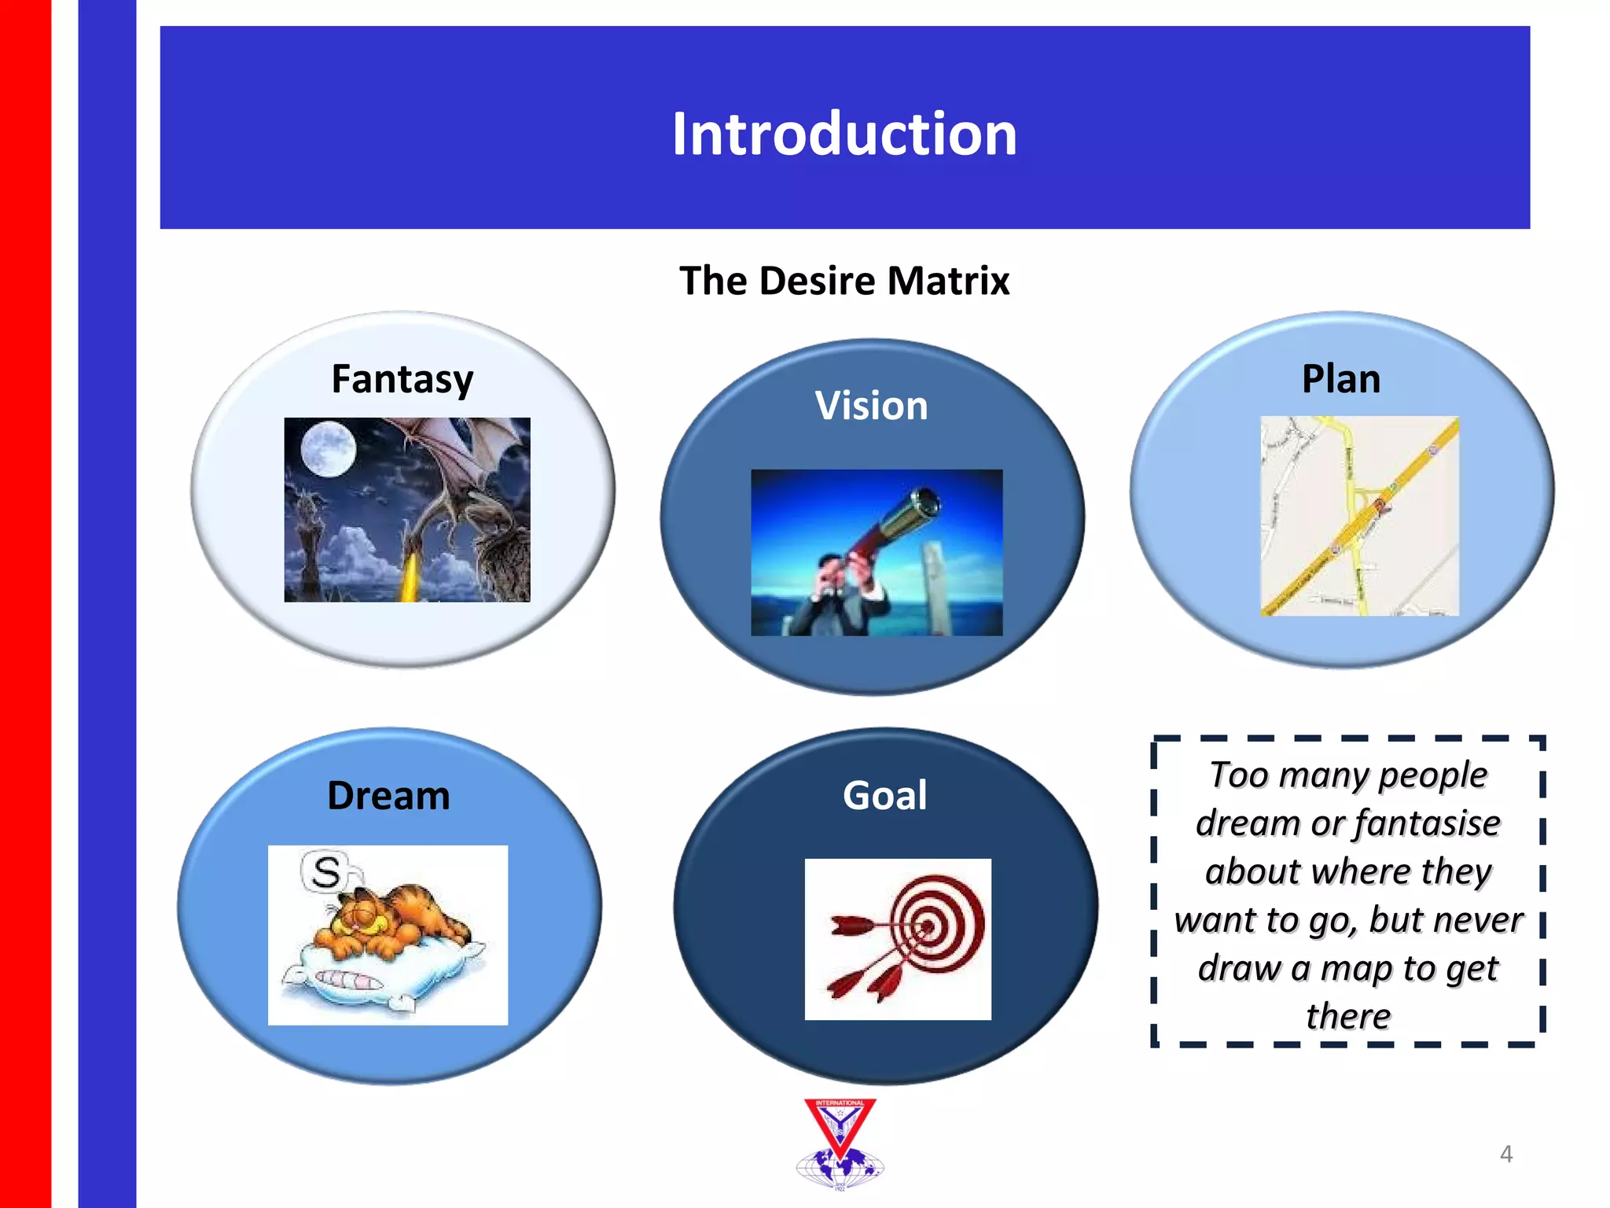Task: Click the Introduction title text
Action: click(x=844, y=134)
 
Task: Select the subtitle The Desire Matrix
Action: click(x=844, y=281)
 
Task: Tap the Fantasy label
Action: click(x=402, y=380)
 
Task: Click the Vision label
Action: click(x=871, y=406)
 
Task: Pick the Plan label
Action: click(x=1341, y=379)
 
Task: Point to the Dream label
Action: click(x=388, y=795)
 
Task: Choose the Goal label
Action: click(x=885, y=795)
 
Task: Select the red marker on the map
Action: click(x=1380, y=504)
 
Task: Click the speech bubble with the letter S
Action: click(x=325, y=871)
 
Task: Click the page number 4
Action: click(x=1505, y=1154)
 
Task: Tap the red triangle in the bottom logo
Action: click(x=840, y=1125)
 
